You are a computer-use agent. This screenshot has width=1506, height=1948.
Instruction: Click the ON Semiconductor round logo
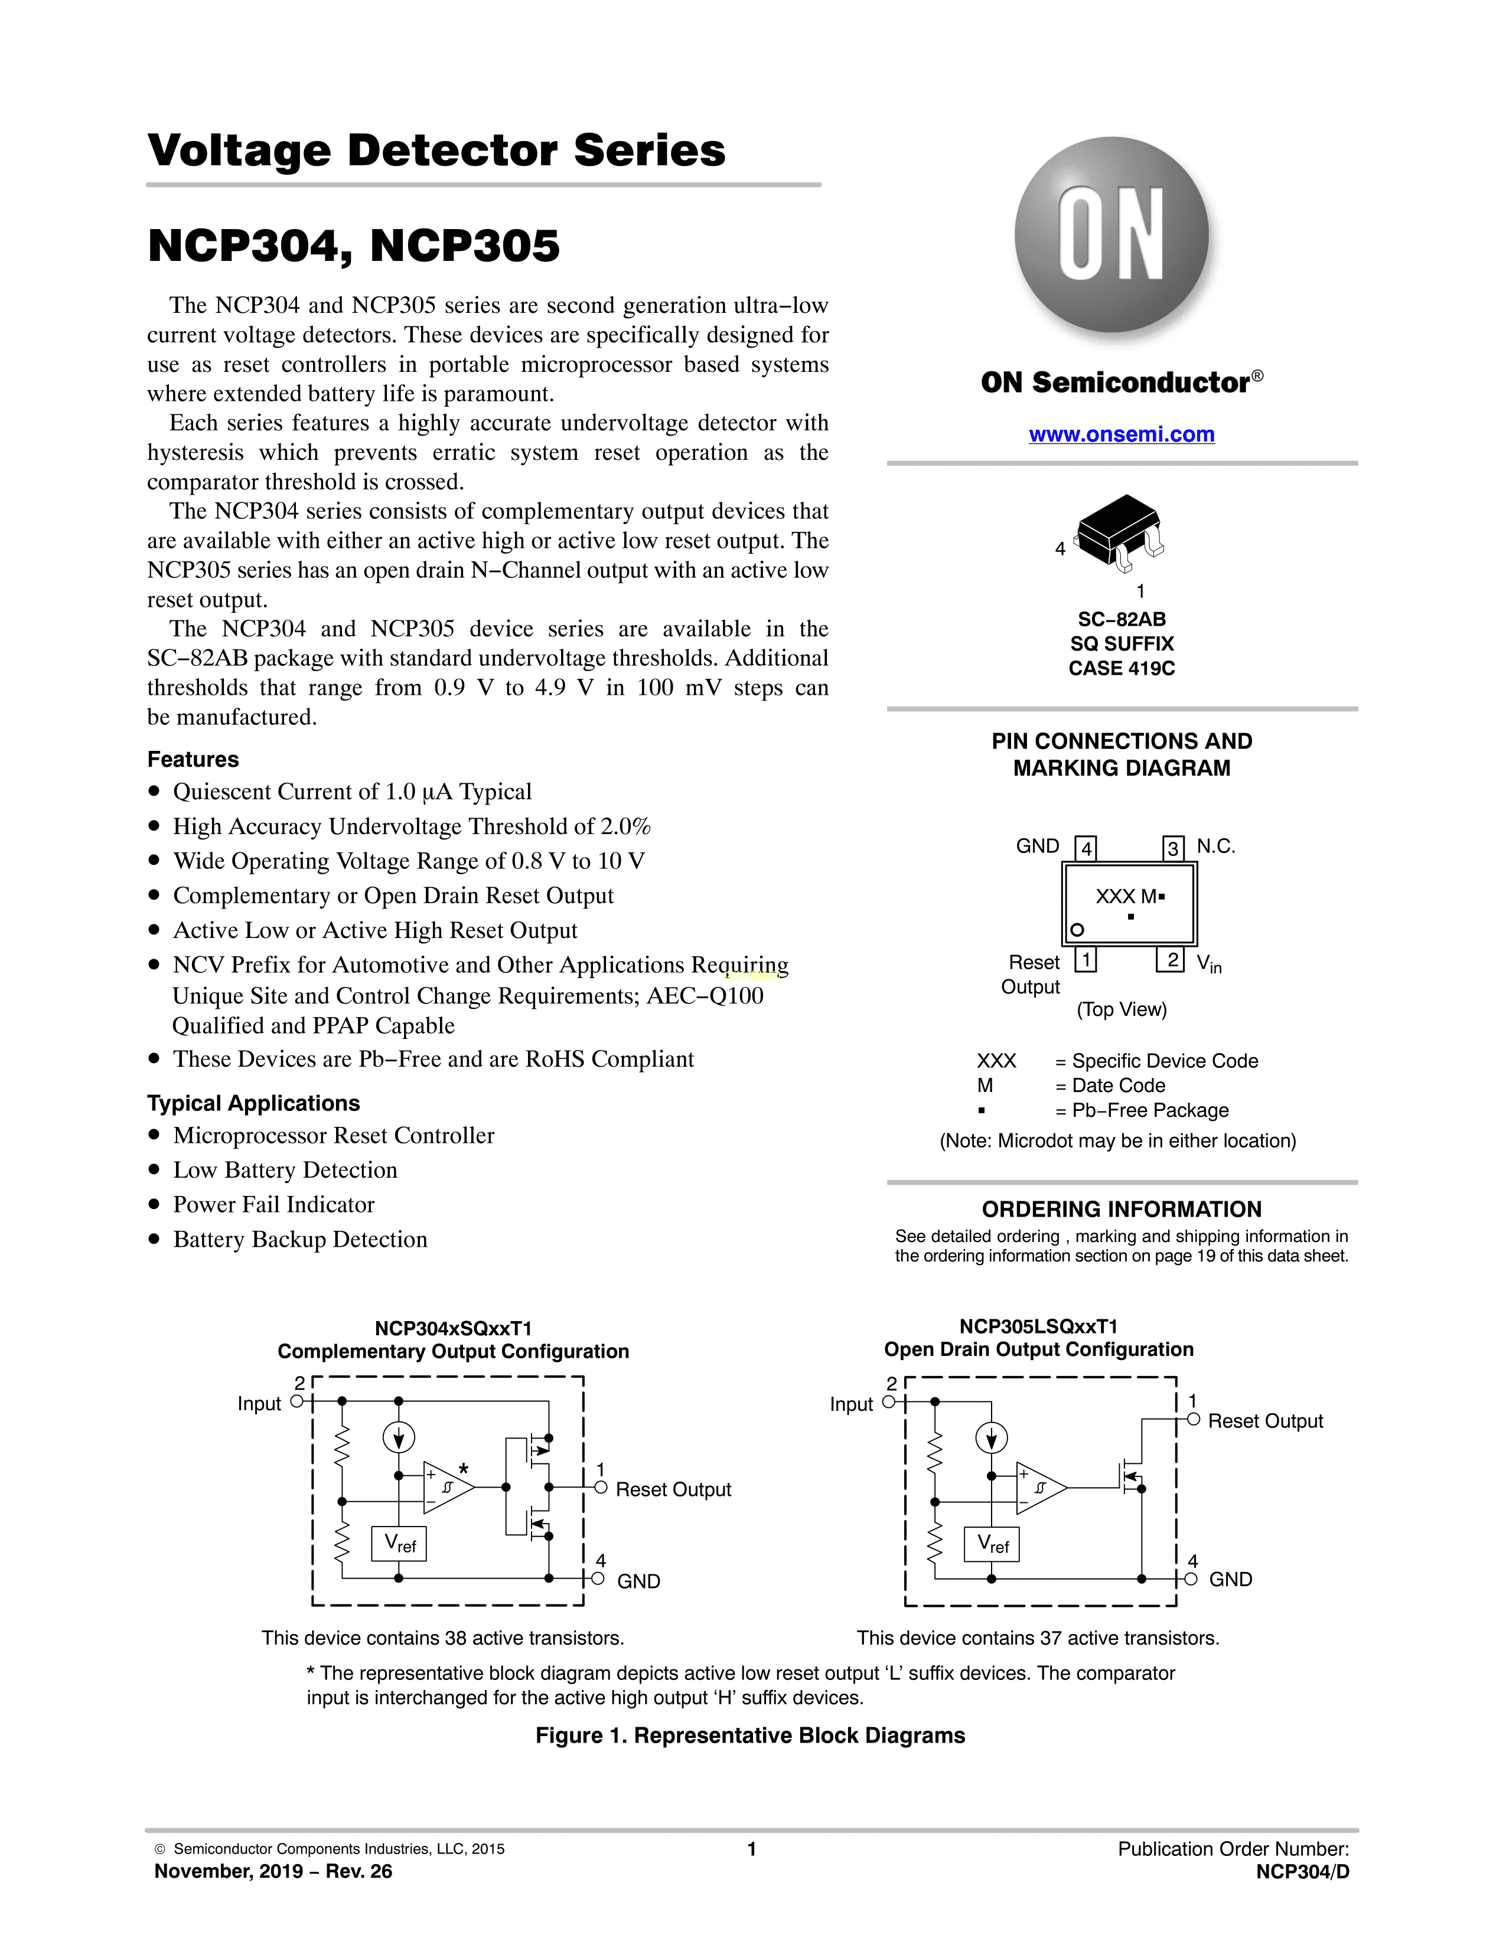tap(1111, 234)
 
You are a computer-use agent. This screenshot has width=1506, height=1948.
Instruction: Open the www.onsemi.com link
tap(1122, 434)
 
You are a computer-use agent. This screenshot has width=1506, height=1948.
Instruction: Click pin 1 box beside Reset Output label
tap(1085, 960)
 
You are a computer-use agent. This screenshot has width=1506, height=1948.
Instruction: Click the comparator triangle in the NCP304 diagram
tap(446, 1488)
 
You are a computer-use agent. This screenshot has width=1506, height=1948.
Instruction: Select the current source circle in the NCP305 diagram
tap(991, 1438)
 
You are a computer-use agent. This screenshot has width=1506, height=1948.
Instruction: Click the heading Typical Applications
tap(253, 1103)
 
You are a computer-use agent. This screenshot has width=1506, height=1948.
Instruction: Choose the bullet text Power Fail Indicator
tap(274, 1205)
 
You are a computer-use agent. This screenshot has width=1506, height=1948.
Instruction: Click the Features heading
tap(193, 759)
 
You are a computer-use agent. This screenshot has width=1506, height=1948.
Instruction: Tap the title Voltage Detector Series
tap(436, 150)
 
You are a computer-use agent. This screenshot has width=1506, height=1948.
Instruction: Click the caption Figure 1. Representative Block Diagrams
tap(750, 1735)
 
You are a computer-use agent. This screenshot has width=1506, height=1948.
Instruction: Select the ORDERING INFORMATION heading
tap(1122, 1210)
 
